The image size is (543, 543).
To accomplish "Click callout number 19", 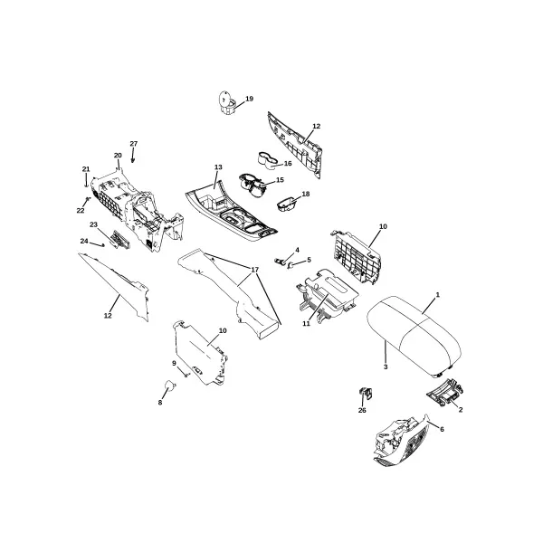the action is click(250, 99).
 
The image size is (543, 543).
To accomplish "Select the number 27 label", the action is click(134, 143).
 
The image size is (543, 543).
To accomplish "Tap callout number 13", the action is click(218, 167).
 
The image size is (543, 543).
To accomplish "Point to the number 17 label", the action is click(254, 270).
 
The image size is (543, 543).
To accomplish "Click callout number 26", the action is click(362, 410).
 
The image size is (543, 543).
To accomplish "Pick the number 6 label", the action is click(442, 429).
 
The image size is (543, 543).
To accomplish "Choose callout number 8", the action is click(160, 403).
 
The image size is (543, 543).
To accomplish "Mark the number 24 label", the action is click(84, 241).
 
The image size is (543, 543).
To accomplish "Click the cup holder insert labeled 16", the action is click(268, 161).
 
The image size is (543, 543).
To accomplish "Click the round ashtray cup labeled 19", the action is click(227, 101).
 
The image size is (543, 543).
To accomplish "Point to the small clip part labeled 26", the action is click(366, 394).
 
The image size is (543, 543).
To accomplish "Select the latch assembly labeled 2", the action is click(445, 393).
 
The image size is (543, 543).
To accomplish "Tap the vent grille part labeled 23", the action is click(119, 239).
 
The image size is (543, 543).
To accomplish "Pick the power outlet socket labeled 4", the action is click(280, 261).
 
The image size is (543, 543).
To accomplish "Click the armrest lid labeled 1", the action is click(414, 337).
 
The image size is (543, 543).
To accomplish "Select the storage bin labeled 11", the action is click(328, 294).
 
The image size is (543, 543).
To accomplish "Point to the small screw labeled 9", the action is click(186, 375).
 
